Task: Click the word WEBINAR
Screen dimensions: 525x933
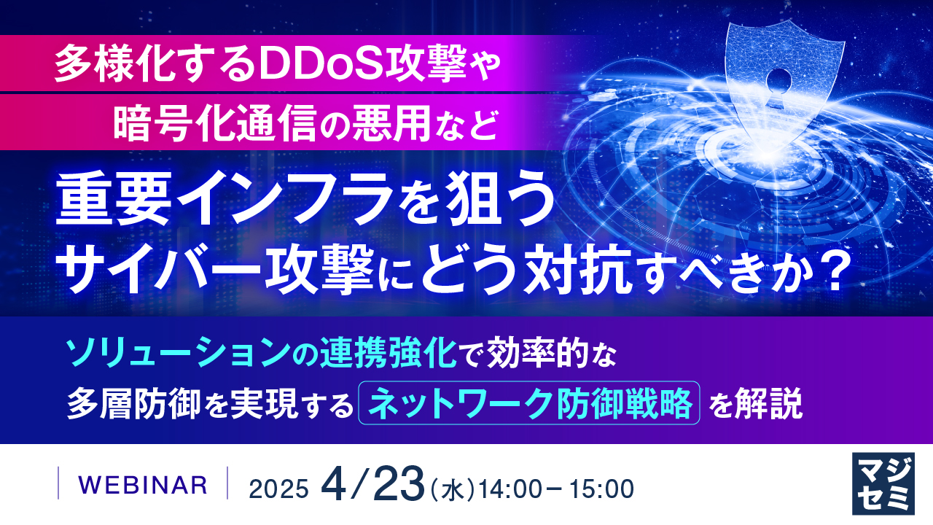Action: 142,483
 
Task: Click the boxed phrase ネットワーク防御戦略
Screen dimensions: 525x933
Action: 529,402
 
